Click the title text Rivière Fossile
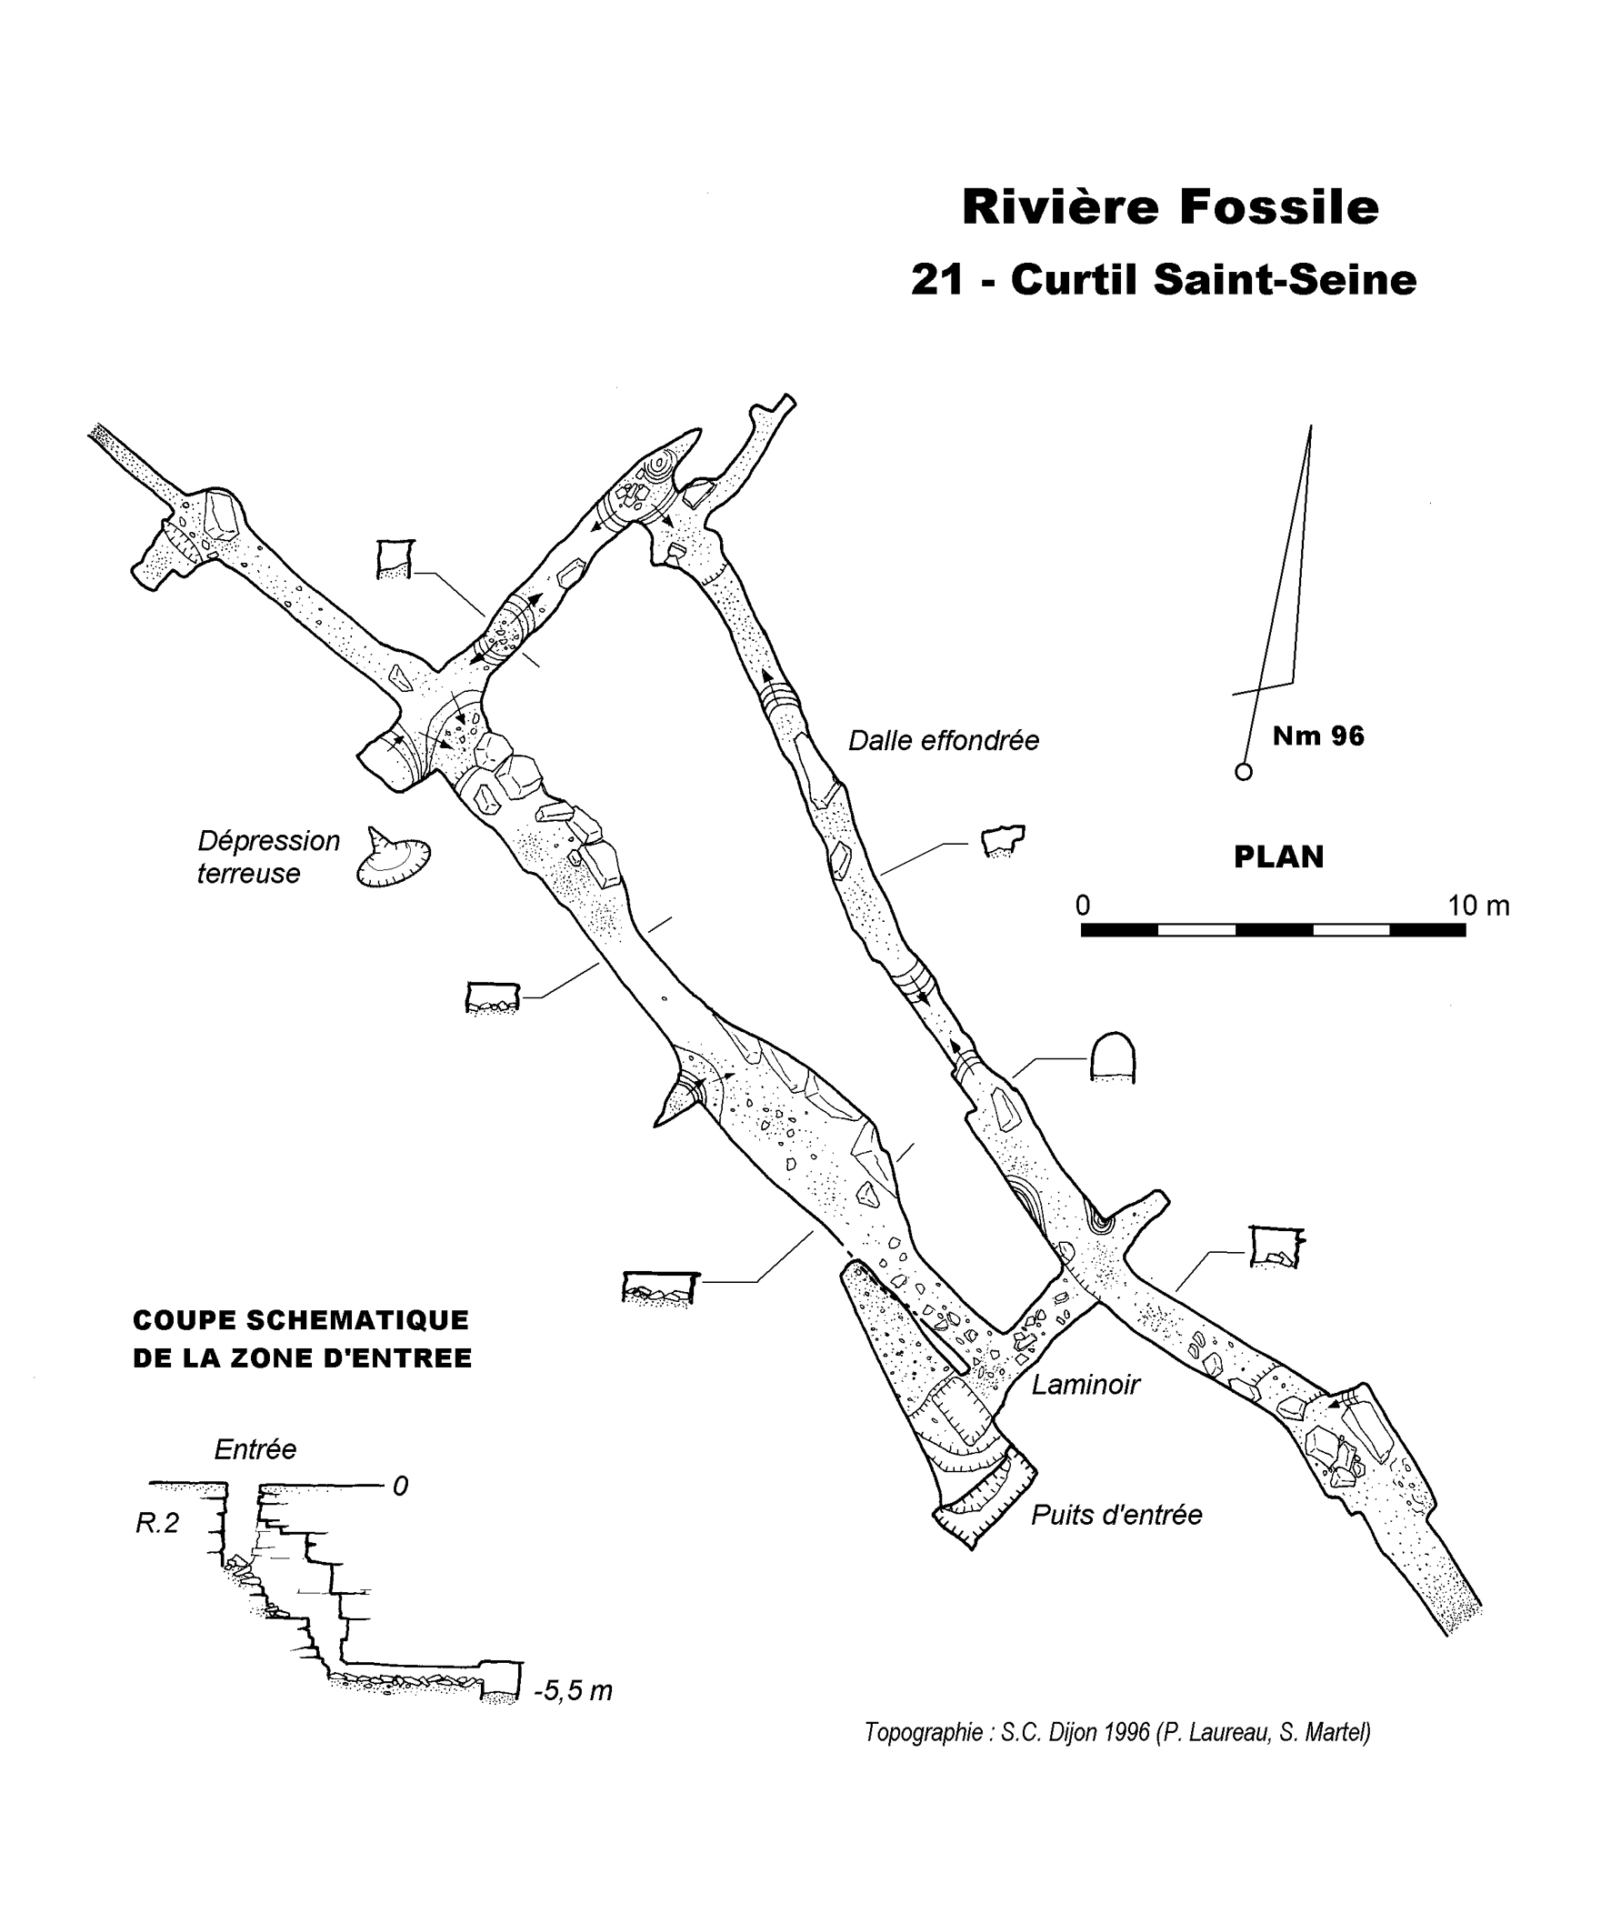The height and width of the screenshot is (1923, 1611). pos(1169,208)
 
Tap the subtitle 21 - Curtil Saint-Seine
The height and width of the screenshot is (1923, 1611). pos(1163,280)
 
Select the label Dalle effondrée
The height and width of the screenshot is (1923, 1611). pos(944,741)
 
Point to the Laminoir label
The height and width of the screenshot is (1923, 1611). pos(1086,1385)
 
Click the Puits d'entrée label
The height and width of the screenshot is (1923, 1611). pos(1116,1515)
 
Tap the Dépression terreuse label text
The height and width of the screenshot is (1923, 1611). pos(267,856)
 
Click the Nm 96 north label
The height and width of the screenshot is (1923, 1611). pos(1318,736)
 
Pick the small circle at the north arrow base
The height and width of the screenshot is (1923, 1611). pos(1243,772)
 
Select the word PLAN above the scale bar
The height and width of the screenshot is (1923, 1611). pos(1278,857)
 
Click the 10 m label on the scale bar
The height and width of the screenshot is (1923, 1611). pos(1478,906)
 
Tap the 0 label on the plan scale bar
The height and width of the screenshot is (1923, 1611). pos(1083,906)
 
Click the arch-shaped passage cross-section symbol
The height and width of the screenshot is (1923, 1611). pos(1112,1057)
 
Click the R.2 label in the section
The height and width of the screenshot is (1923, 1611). pos(157,1523)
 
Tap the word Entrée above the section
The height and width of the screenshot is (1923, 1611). pos(255,1448)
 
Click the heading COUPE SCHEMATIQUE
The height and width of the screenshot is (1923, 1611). pos(300,1319)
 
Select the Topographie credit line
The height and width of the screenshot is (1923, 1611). pos(1116,1732)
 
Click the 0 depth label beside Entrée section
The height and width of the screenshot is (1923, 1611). pos(400,1487)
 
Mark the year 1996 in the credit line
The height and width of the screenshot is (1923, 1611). pos(1126,1732)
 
